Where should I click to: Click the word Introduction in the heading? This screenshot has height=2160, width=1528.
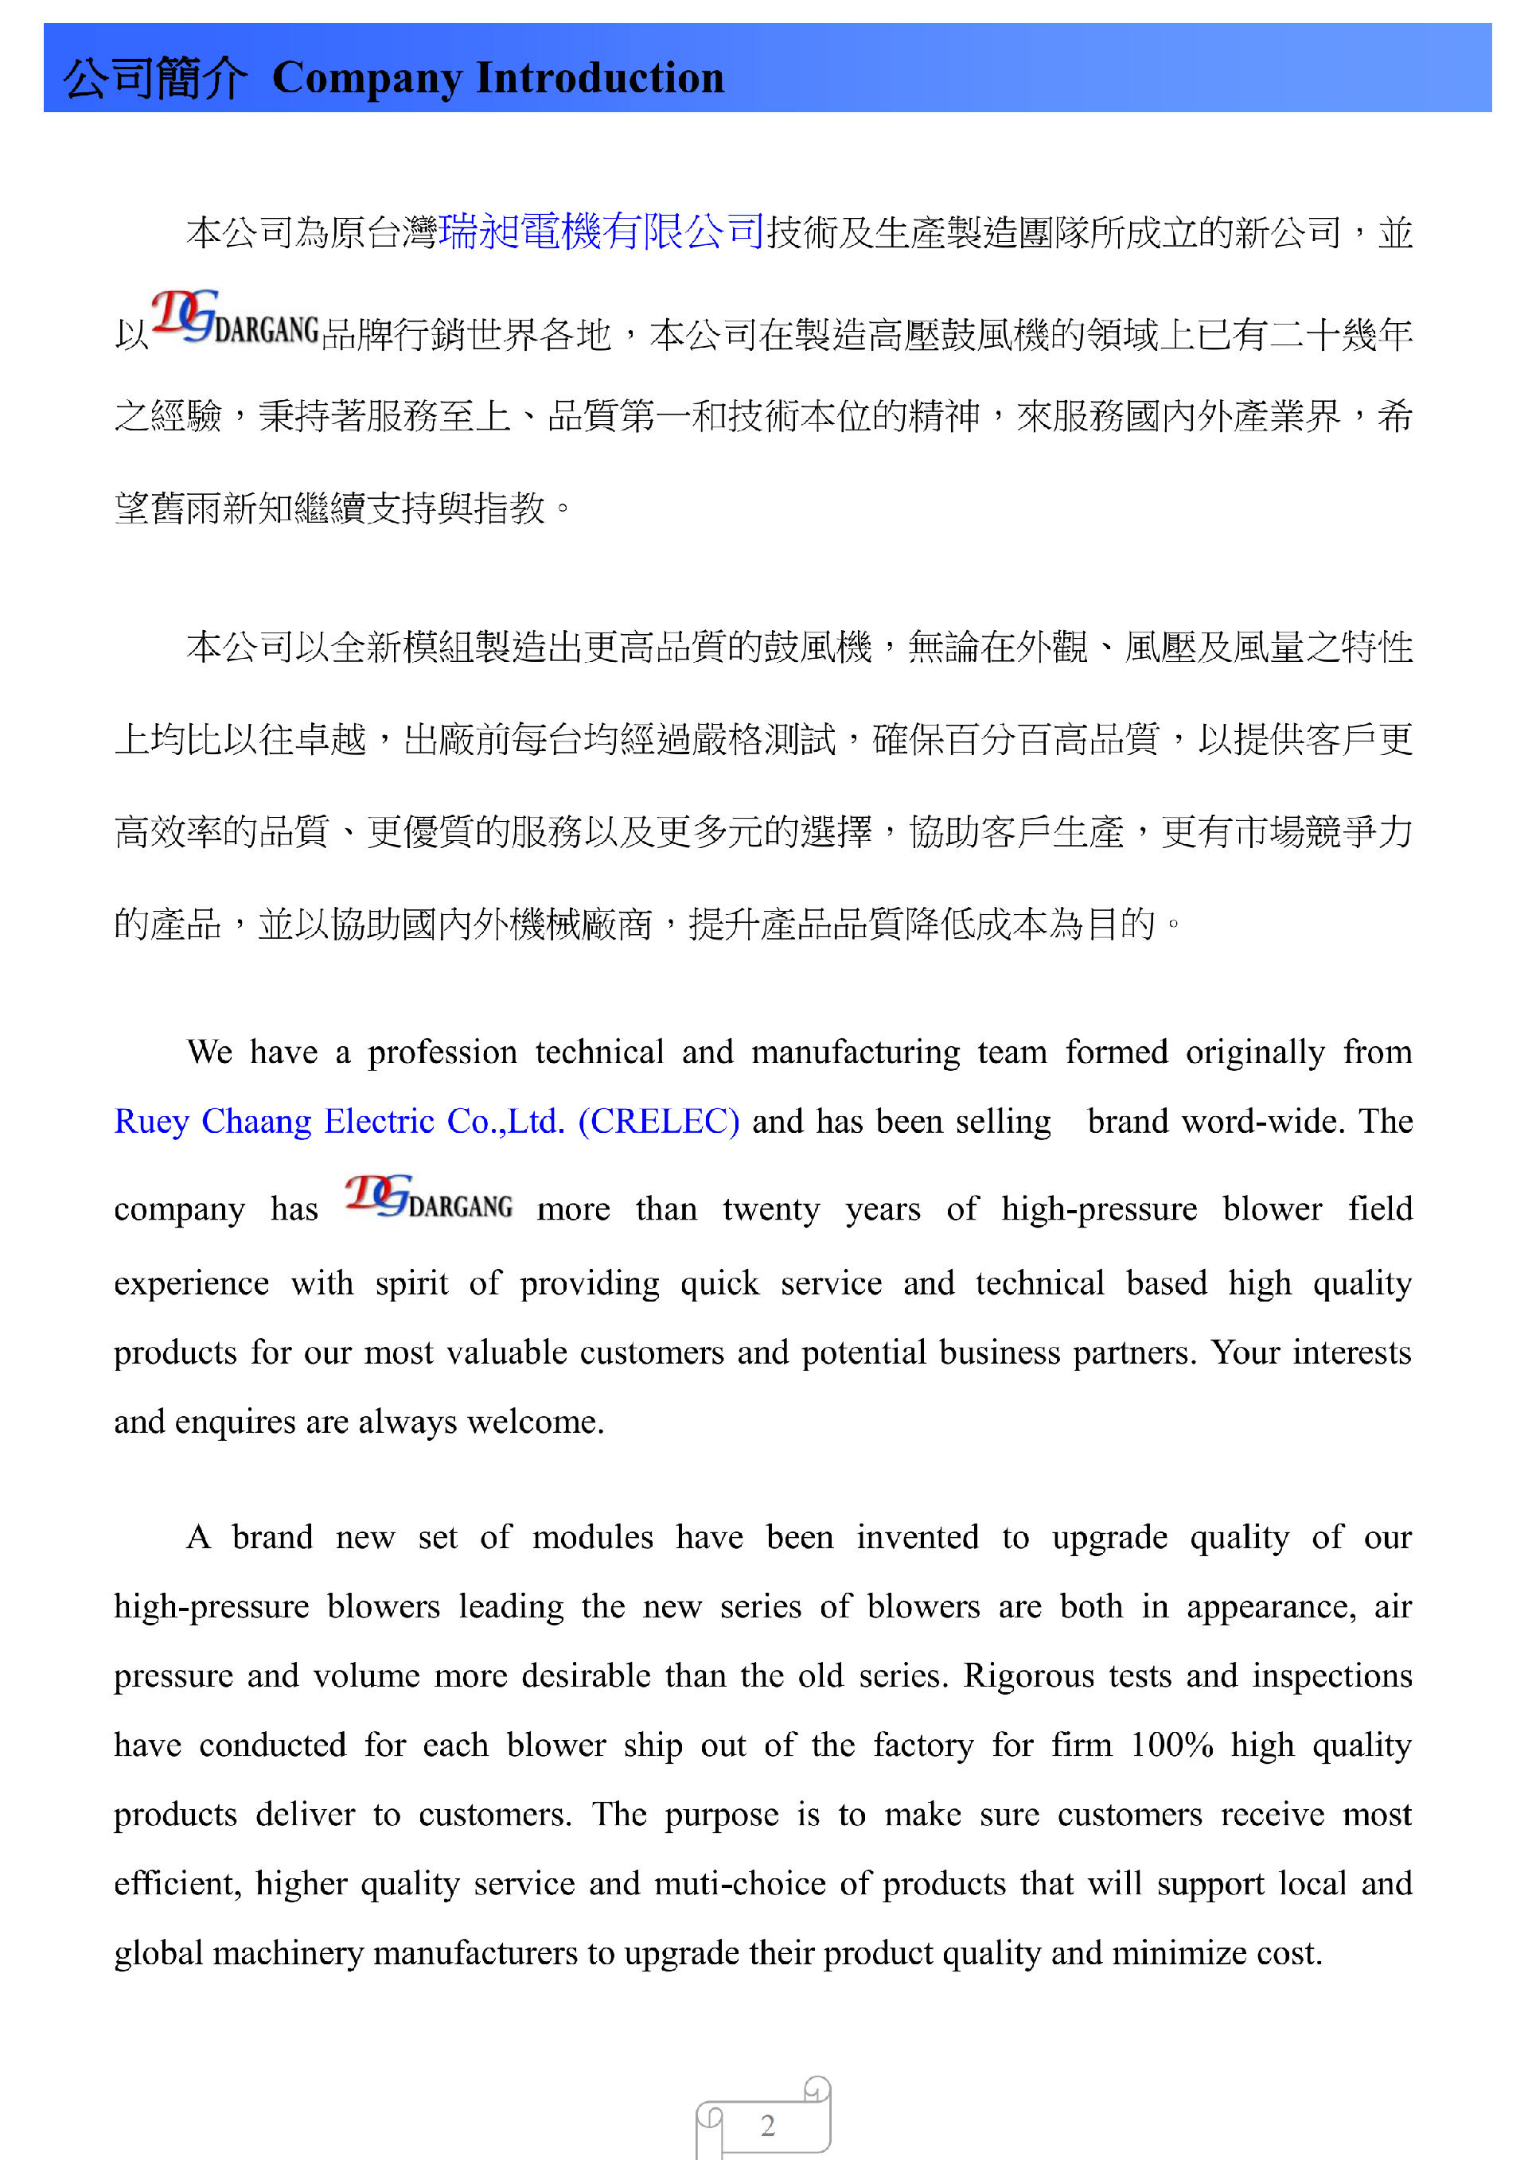[600, 78]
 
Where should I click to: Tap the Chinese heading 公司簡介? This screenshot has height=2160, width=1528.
[155, 78]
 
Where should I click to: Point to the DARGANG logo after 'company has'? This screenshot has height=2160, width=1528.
[429, 1198]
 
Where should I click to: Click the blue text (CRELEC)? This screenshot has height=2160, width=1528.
[659, 1122]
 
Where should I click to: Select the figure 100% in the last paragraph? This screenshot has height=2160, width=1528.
[1171, 1746]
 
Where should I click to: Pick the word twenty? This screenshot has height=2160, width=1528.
[770, 1209]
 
